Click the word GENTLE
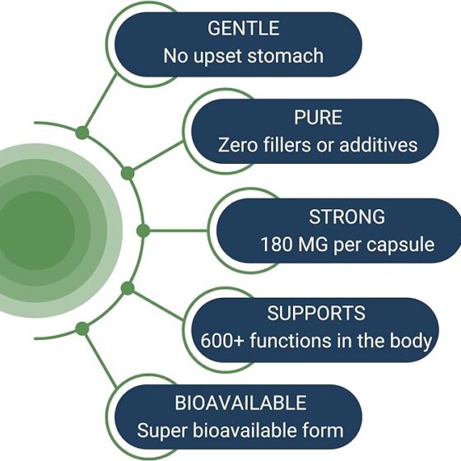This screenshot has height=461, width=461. click(x=244, y=28)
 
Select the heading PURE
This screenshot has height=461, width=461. click(x=318, y=117)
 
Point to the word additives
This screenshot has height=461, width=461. click(x=379, y=145)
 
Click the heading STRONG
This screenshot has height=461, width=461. click(x=347, y=217)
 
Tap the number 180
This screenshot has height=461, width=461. click(x=277, y=244)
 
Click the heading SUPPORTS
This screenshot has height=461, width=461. click(x=316, y=313)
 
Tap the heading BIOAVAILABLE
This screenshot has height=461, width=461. click(x=240, y=403)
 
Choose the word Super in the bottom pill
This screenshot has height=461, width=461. click(x=162, y=431)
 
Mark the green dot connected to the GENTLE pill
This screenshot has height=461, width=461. click(x=82, y=133)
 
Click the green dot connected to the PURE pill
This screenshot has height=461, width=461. click(x=128, y=173)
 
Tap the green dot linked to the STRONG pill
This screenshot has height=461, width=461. click(x=143, y=230)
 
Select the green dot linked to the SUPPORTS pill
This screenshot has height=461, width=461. click(x=128, y=288)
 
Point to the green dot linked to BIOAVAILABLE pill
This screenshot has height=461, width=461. click(x=82, y=328)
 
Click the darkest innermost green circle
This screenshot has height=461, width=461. click(x=35, y=230)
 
